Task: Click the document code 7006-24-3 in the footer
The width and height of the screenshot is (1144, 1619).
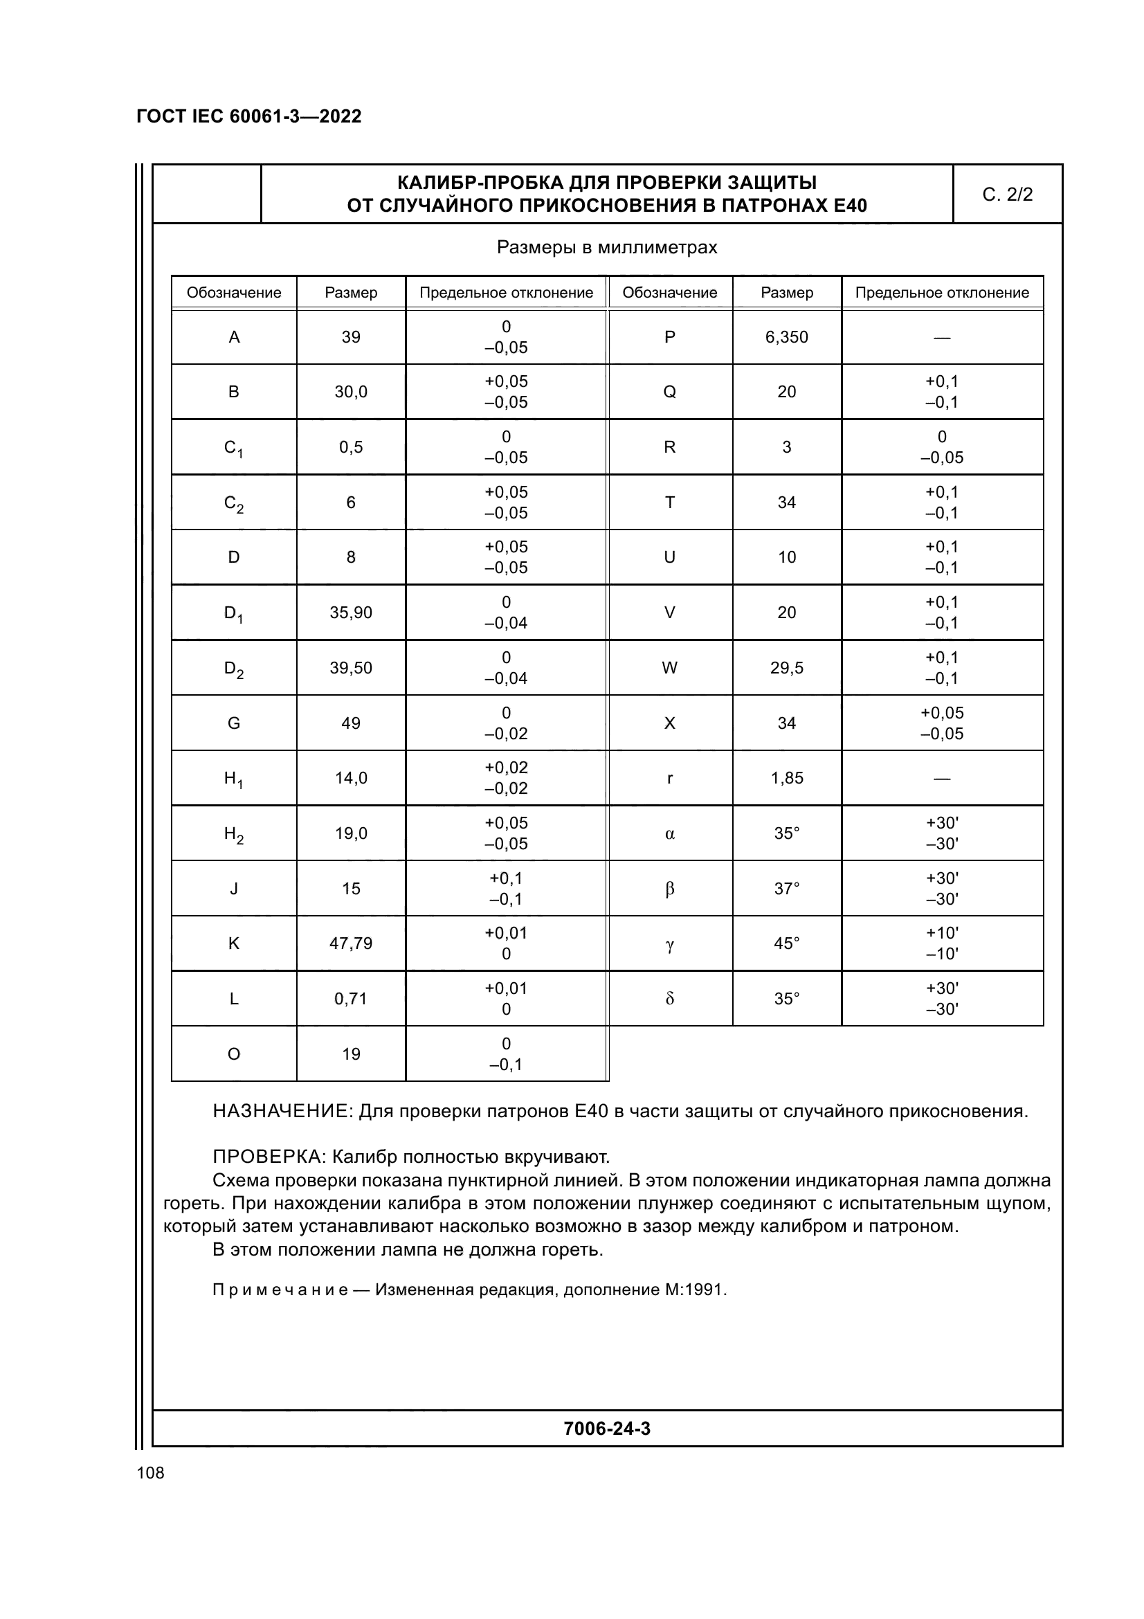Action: [607, 1429]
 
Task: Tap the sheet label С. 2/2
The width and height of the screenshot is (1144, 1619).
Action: [1007, 195]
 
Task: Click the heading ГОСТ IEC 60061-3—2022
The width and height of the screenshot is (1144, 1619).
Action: [249, 116]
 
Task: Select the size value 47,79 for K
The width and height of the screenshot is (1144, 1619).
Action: [350, 943]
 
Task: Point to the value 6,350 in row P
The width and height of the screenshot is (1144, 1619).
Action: [787, 337]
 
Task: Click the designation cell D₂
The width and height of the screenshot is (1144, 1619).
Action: [233, 669]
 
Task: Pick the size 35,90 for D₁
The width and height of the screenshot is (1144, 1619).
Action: [350, 613]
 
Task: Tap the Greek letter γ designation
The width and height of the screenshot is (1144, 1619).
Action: [670, 944]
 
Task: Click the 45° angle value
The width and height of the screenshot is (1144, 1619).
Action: [787, 943]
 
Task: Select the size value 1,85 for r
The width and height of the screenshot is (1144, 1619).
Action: [787, 779]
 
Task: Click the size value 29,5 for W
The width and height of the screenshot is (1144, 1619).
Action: [787, 668]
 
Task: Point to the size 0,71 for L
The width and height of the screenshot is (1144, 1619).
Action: [350, 999]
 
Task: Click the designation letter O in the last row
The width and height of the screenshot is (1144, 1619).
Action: [233, 1054]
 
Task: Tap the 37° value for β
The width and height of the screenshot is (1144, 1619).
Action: [787, 889]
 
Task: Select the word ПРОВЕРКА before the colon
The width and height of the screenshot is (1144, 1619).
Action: [267, 1157]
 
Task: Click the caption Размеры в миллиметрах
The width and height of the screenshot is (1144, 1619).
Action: [607, 248]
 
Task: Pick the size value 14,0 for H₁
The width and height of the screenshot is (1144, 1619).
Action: [350, 779]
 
